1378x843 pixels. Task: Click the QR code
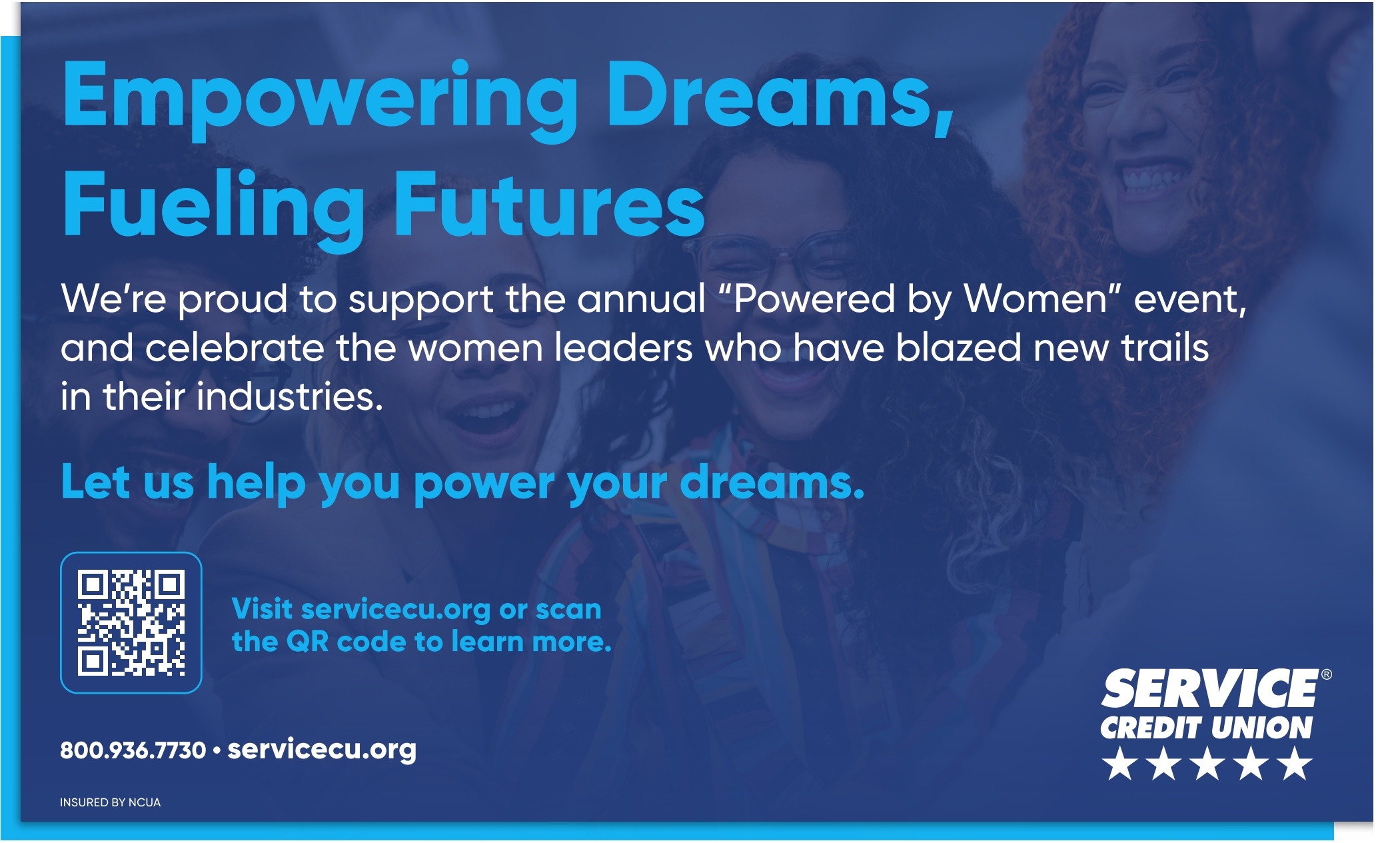(131, 622)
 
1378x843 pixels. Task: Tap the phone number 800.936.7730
(133, 750)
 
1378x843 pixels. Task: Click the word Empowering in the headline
(320, 100)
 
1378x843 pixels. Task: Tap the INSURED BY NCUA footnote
(110, 802)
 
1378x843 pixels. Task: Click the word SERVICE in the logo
(1209, 689)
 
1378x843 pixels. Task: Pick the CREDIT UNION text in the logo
(1206, 728)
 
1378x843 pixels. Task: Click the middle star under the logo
(1207, 763)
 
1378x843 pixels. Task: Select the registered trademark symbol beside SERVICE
(1326, 674)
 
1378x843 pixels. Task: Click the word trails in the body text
(1164, 347)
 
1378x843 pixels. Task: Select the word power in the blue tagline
(484, 484)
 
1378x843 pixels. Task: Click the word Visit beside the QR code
(262, 609)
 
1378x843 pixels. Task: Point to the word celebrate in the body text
(235, 347)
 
